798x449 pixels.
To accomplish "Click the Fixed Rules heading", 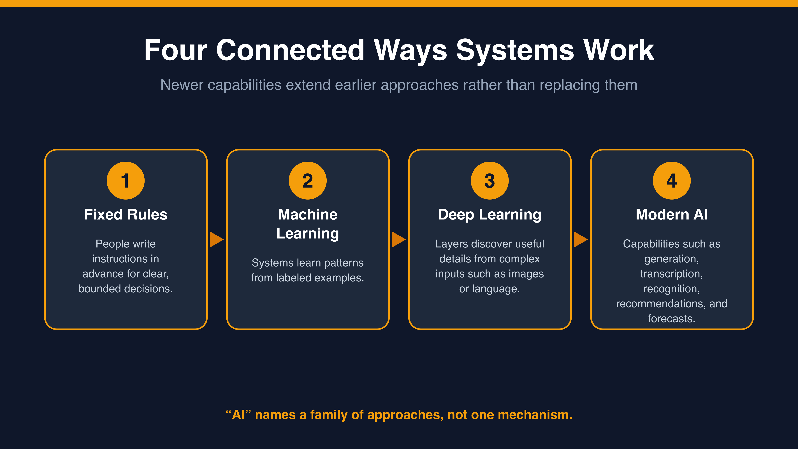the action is click(126, 214).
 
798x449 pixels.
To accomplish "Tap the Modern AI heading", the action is click(672, 214).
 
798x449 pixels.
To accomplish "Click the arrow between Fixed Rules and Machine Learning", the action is click(217, 239).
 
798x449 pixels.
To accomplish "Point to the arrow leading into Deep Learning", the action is click(399, 239).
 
